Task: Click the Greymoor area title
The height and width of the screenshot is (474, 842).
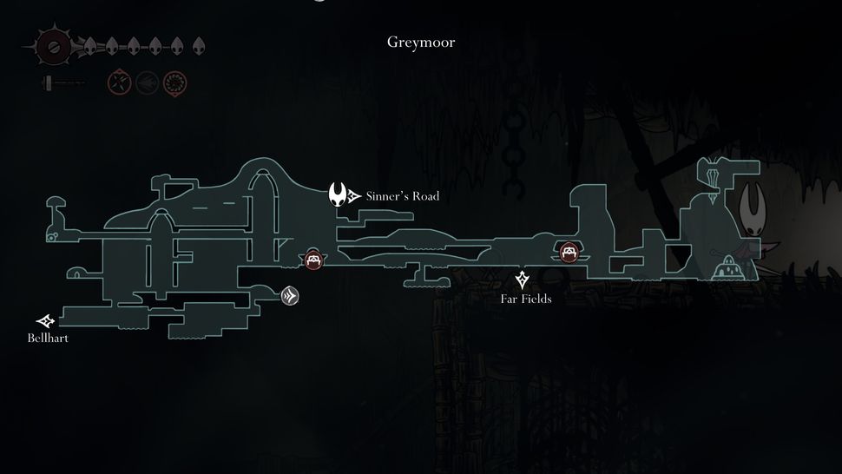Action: click(x=421, y=42)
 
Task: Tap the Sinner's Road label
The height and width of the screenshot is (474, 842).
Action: click(x=402, y=196)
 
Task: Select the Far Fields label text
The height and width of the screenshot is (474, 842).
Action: click(x=526, y=300)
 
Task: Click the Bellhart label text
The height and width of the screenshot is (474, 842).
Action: click(x=48, y=338)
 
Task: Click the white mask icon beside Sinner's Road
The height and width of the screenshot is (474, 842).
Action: click(x=338, y=194)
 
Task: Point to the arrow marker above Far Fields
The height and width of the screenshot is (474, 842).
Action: click(x=523, y=280)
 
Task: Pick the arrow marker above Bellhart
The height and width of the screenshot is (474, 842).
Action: click(x=45, y=321)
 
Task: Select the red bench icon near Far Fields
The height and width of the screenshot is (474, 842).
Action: click(x=569, y=252)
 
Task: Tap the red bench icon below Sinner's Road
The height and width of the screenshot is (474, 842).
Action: click(x=313, y=259)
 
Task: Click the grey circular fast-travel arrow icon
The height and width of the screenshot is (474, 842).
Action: click(x=291, y=297)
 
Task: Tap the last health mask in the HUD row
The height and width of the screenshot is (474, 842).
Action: click(x=199, y=45)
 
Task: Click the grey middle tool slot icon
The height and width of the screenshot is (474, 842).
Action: click(x=147, y=83)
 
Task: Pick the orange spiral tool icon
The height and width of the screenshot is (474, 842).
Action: click(x=174, y=83)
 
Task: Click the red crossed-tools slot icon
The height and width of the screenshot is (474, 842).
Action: click(x=119, y=83)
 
